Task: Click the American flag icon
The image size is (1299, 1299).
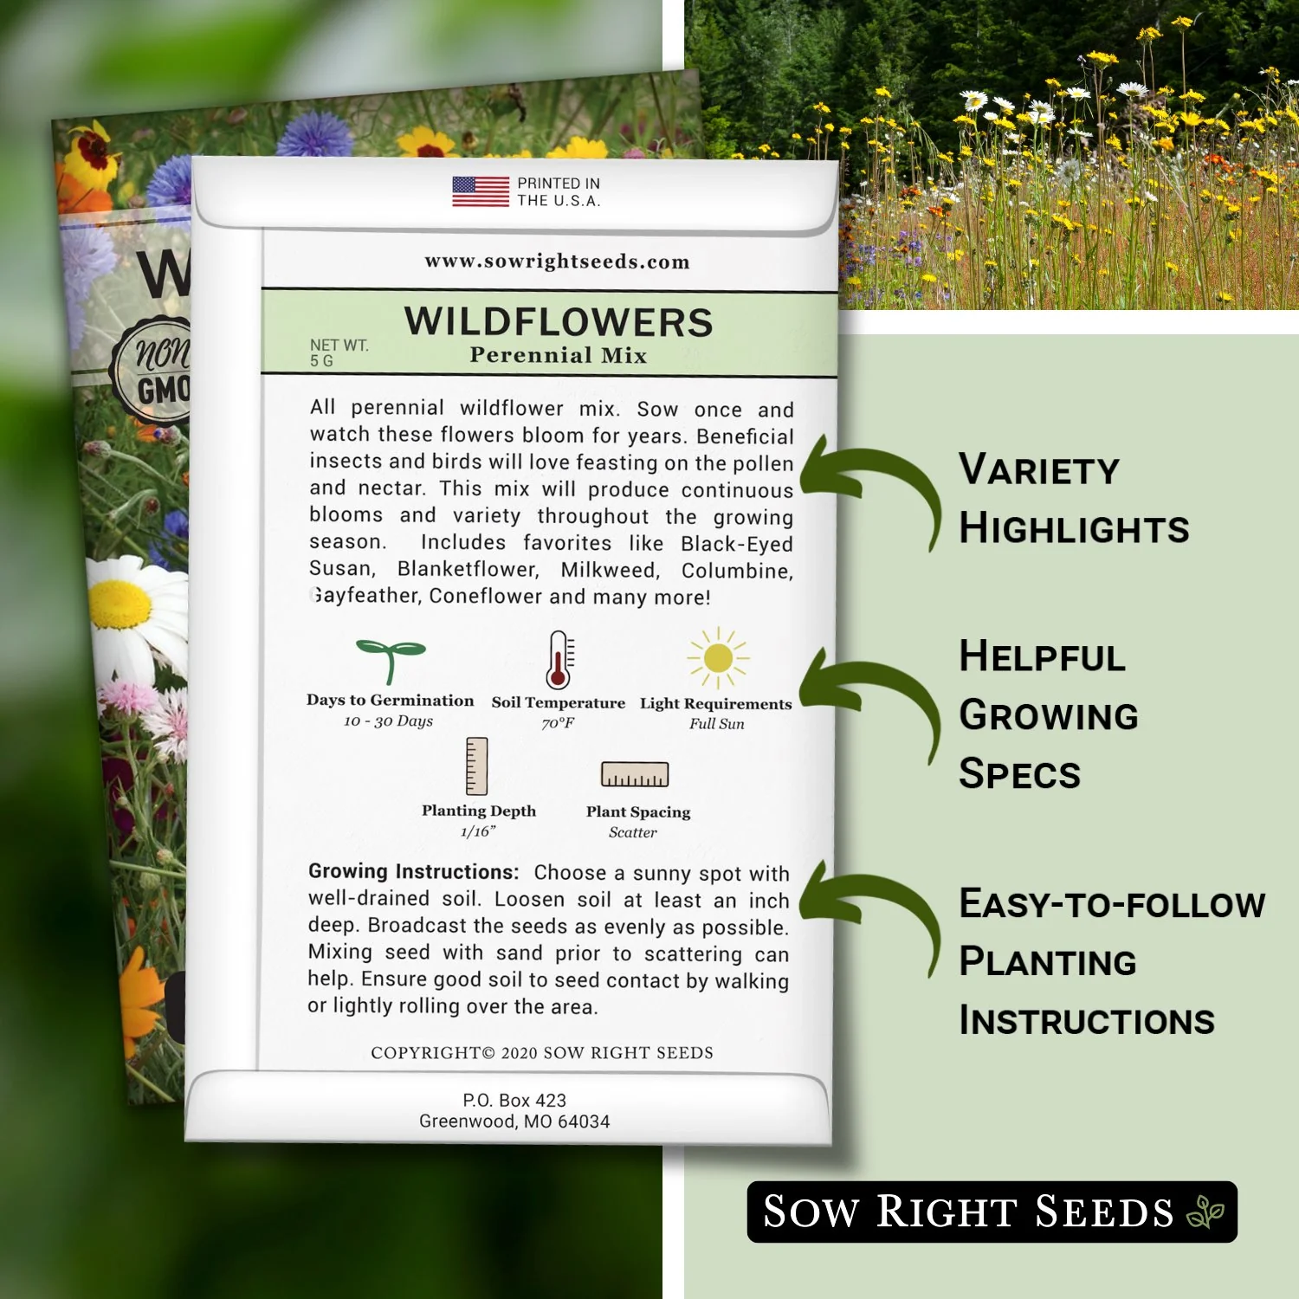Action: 481,191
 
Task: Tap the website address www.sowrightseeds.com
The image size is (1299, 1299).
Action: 557,262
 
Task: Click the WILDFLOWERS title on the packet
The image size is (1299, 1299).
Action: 559,322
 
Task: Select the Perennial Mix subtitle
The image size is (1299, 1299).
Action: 559,355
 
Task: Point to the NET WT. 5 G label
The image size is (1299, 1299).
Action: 339,352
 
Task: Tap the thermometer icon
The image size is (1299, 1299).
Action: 559,660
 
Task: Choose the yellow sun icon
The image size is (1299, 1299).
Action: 718,658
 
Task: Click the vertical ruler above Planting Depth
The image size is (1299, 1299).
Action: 476,766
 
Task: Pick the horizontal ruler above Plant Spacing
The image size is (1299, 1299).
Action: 635,774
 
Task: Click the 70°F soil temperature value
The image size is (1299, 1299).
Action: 558,723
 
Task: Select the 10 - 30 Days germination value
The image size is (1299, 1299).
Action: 388,721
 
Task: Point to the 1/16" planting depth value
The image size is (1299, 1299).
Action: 478,832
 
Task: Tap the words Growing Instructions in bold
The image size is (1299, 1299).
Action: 413,871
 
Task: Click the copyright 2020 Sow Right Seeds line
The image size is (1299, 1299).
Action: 542,1053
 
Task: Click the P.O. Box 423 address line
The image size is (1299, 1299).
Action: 514,1101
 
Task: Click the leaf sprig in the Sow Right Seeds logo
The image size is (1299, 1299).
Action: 1205,1212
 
